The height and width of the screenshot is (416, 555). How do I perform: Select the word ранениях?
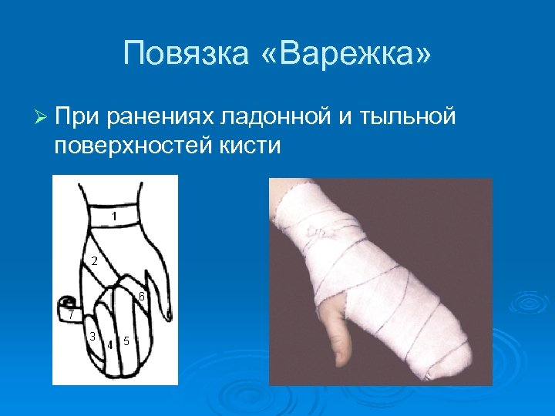(160, 116)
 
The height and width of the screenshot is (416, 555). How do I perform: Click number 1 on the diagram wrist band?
(113, 216)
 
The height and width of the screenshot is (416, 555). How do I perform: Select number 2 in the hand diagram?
(94, 260)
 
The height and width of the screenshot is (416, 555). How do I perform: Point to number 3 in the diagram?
(92, 336)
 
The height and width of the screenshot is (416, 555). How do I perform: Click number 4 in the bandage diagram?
(110, 344)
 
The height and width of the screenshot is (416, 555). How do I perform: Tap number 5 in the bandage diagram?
(126, 340)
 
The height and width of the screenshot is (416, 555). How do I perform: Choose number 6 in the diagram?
(142, 297)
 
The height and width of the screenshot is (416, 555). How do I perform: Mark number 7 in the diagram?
(70, 314)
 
